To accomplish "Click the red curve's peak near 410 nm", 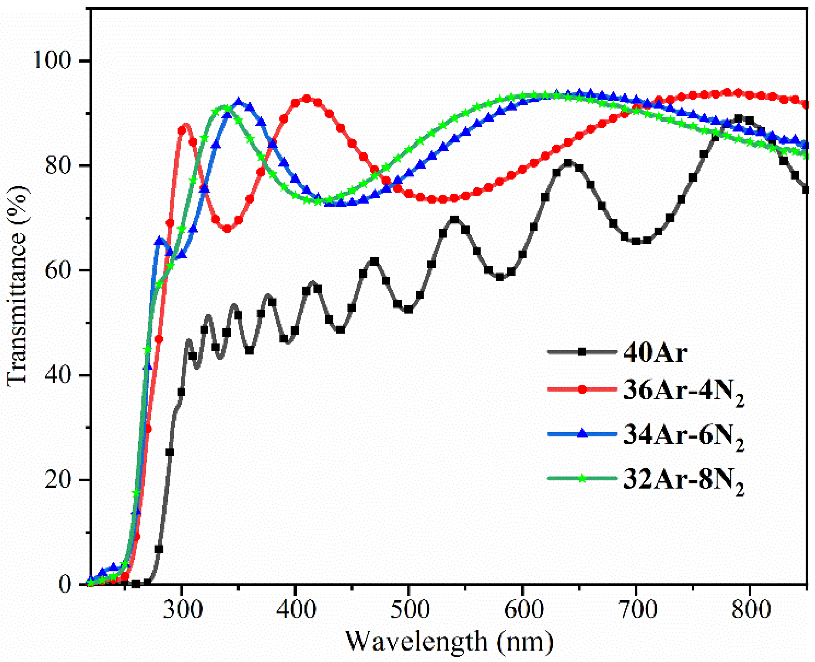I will click(307, 98).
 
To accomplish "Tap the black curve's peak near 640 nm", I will click(568, 163).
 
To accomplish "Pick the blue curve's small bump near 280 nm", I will click(160, 240).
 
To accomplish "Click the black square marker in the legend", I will click(582, 351).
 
